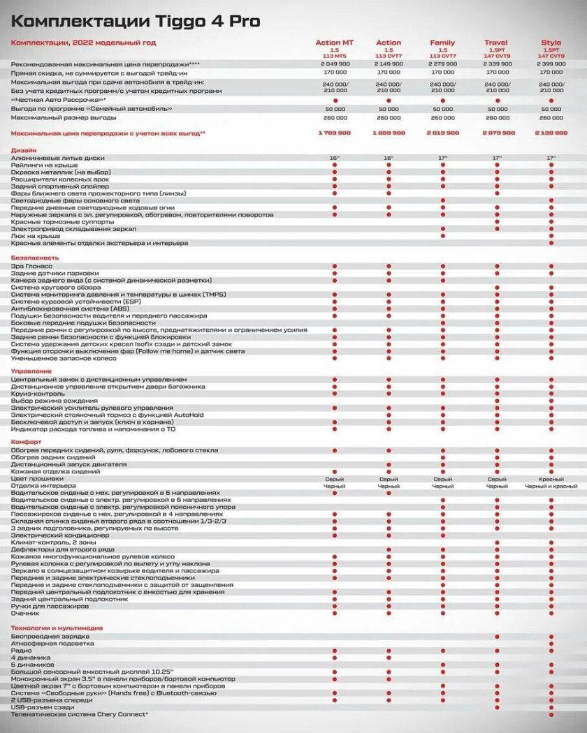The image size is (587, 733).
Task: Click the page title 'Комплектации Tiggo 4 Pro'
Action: coord(136,22)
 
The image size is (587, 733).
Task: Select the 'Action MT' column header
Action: coord(335,43)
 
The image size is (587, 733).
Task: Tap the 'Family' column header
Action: coord(442,43)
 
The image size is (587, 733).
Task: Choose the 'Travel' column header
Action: coord(496,43)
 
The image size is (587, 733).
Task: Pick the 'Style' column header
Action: coord(551,43)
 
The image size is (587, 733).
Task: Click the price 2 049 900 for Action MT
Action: coord(335,64)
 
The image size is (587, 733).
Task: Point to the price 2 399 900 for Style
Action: coord(551,64)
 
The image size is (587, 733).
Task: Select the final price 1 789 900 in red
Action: coord(335,133)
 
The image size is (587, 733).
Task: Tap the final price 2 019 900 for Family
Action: coord(442,133)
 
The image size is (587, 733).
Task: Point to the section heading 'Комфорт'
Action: coord(26,443)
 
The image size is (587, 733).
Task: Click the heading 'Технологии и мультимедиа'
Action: coord(57,628)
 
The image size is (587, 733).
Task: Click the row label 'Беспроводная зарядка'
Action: coord(50,637)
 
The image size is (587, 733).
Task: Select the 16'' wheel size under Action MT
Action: coord(335,158)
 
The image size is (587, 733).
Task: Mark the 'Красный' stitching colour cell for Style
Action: coord(551,479)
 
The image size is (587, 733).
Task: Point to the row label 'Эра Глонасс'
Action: coord(32,266)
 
